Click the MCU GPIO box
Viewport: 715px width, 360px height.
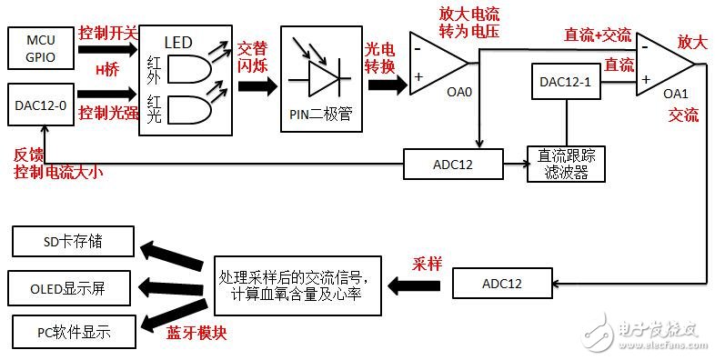pos(39,45)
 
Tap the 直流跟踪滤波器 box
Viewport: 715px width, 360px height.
pos(565,164)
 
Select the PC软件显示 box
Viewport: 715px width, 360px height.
pos(73,331)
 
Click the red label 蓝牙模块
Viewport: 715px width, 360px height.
pos(196,333)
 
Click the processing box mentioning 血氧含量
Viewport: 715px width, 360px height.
pos(296,280)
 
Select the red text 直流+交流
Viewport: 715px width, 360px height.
pos(598,34)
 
